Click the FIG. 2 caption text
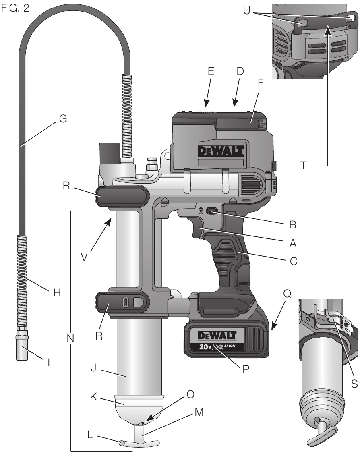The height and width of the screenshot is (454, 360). (x=15, y=8)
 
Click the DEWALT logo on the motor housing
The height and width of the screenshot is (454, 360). (x=221, y=151)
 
